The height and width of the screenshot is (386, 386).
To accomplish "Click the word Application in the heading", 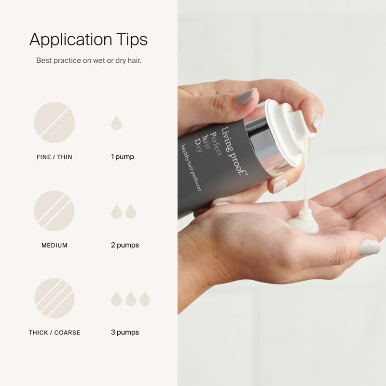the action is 71,40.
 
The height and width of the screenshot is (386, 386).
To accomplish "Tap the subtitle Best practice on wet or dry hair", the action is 89,60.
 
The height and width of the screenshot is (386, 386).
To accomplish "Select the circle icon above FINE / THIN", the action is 55,123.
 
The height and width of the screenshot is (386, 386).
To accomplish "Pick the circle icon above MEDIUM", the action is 55,211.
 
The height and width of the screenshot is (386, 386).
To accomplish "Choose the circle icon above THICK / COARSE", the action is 55,298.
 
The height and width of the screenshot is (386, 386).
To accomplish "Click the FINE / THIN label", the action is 55,157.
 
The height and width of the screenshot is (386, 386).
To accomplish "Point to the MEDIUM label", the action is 55,245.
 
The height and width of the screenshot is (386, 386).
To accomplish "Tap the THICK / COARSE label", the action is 55,332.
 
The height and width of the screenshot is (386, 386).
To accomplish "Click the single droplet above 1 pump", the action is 116,123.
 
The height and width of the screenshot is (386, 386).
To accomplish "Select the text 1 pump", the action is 123,157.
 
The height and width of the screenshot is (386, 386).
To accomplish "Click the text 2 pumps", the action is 125,245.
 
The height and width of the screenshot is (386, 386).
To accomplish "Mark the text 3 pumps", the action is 125,332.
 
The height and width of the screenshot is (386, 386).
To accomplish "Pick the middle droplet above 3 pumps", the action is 130,299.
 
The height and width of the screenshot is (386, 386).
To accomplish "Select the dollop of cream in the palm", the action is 303,221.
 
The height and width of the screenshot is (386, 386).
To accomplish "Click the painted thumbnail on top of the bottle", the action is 246,97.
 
